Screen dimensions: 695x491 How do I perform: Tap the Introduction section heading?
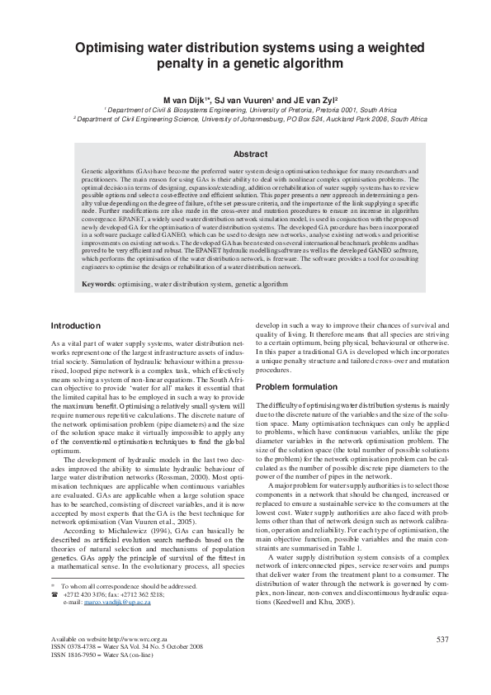[x=76, y=325]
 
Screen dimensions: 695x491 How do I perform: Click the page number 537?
[x=441, y=640]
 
